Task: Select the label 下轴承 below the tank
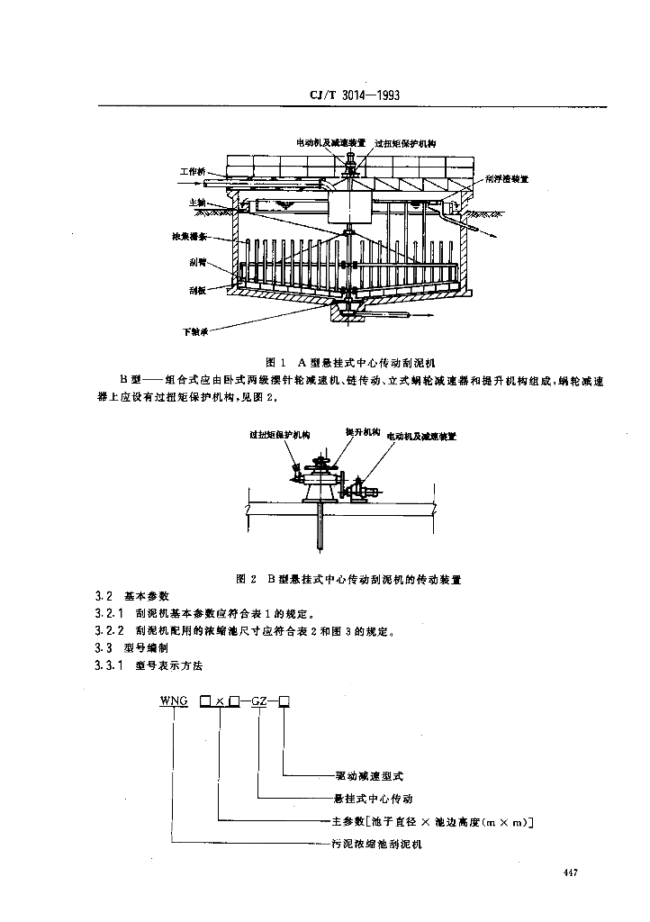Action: [x=195, y=331]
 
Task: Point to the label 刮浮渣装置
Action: [x=505, y=178]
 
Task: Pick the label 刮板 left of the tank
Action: [x=198, y=291]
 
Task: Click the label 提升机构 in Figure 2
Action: [x=363, y=433]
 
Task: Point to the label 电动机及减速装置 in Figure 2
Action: [x=421, y=436]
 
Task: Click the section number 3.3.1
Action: [x=108, y=665]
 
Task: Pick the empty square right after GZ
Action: [x=284, y=700]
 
